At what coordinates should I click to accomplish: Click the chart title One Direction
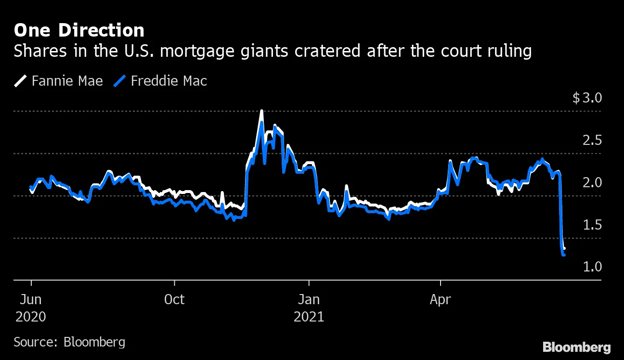tap(79, 30)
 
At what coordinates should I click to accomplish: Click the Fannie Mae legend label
tap(67, 80)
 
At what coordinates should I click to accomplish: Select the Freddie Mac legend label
tap(169, 80)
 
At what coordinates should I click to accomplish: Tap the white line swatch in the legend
tap(21, 80)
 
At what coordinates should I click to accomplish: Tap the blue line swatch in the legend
tap(120, 80)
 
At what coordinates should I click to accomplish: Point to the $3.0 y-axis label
tap(587, 98)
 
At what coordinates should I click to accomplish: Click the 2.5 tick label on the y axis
tap(592, 141)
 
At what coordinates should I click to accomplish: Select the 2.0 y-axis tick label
tap(592, 182)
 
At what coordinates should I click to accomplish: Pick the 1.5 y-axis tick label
tap(592, 225)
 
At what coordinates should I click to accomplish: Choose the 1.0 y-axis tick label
tap(592, 267)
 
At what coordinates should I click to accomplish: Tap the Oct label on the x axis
tap(174, 299)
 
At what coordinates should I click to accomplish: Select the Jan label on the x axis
tap(309, 299)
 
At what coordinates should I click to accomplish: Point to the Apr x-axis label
tap(440, 299)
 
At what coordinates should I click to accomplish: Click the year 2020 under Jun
tap(31, 317)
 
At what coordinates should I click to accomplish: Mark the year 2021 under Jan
tap(309, 317)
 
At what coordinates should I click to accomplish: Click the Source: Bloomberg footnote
tap(69, 342)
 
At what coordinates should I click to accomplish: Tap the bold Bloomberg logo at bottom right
tap(576, 347)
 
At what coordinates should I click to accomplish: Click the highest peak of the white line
tap(261, 111)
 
